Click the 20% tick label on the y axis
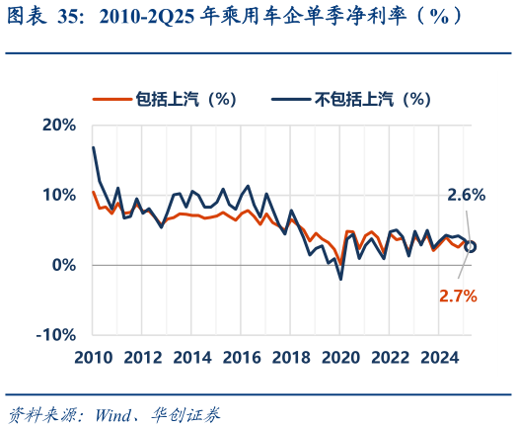[58, 125]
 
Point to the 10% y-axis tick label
[58, 195]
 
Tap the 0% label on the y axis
[63, 265]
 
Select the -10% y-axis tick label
[55, 335]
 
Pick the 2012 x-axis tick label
[142, 357]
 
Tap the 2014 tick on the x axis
[192, 357]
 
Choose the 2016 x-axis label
[243, 357]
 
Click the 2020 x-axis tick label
[342, 357]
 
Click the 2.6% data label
[466, 195]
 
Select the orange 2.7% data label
[458, 295]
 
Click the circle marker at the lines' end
[472, 246]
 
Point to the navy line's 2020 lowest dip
[340, 280]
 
